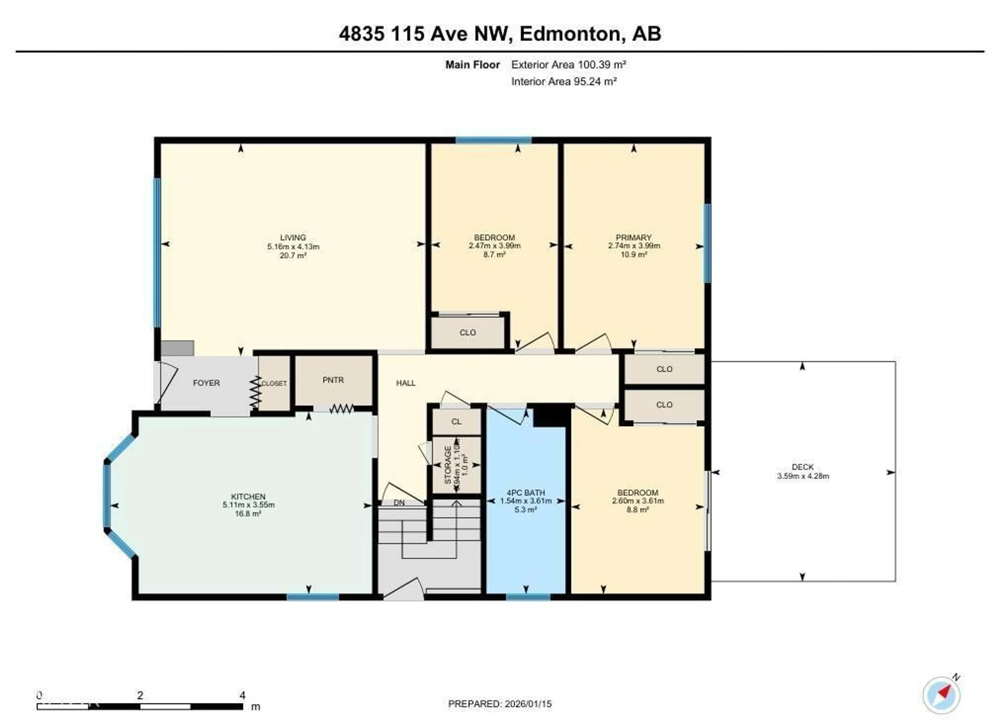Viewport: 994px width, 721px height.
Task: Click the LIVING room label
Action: [x=293, y=238]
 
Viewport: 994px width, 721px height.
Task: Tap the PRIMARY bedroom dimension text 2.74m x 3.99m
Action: [x=634, y=246]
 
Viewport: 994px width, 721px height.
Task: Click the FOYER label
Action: [x=206, y=383]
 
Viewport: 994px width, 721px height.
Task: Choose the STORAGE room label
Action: [x=448, y=465]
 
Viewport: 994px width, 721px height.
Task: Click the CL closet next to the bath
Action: [x=456, y=422]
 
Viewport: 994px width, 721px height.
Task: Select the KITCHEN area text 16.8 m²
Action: [x=248, y=513]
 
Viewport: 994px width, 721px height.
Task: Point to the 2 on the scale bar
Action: [x=140, y=695]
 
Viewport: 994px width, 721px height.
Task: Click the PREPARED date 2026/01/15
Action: [x=528, y=704]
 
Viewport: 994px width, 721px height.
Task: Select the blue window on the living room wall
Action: [x=157, y=252]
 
